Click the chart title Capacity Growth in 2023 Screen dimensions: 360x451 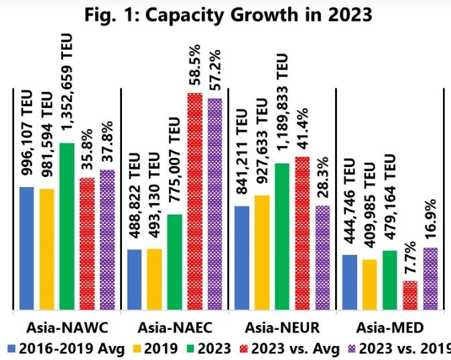click(225, 14)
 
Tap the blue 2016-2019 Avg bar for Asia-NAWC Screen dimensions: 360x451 click(27, 248)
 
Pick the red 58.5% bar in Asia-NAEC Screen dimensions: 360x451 click(195, 201)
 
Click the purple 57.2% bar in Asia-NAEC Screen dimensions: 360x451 click(215, 204)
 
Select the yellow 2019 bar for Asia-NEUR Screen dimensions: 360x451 click(262, 253)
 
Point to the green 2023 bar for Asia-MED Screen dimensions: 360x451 click(389, 280)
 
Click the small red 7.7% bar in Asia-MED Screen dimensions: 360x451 click(409, 296)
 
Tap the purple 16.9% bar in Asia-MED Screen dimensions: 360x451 click(430, 279)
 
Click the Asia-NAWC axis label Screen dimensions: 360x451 click(67, 328)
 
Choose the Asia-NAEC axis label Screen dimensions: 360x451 click(174, 328)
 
